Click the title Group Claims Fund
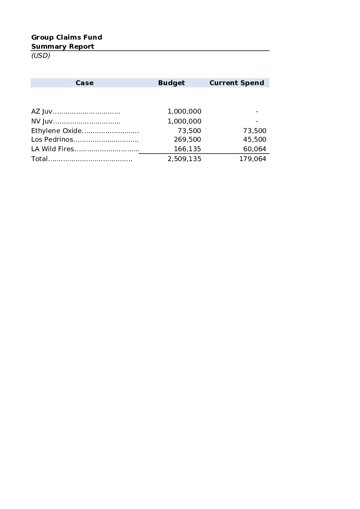(x=67, y=37)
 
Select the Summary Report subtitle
(x=63, y=46)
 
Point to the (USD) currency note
(x=41, y=55)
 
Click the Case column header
(x=84, y=83)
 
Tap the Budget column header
(x=171, y=83)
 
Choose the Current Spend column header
(x=236, y=83)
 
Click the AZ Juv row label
(x=42, y=112)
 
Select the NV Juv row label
(x=42, y=121)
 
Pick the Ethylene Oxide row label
(x=56, y=131)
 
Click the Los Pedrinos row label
(x=52, y=139)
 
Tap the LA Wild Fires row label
(x=53, y=149)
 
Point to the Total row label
(x=39, y=159)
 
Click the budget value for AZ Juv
(x=184, y=112)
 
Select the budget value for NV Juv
(x=184, y=121)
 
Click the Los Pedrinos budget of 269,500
(x=187, y=139)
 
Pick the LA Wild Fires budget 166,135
(x=187, y=149)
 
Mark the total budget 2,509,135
(x=184, y=159)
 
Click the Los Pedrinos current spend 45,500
(x=255, y=139)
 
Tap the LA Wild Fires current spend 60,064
(x=255, y=149)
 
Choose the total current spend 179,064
(x=253, y=159)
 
